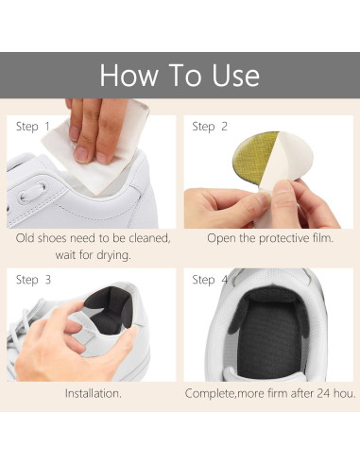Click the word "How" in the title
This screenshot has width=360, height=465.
(129, 75)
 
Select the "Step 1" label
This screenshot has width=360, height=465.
(33, 127)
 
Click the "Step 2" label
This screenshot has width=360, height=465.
(210, 127)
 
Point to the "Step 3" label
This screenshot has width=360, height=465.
(33, 280)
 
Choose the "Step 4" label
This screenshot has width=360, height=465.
(210, 280)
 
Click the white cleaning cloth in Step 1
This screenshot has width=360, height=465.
(94, 151)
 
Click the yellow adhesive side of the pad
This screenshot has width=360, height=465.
(252, 152)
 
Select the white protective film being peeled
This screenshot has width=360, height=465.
(290, 158)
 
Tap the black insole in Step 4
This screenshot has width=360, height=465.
(269, 337)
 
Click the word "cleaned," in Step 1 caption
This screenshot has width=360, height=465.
(149, 238)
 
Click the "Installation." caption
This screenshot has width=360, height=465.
(94, 393)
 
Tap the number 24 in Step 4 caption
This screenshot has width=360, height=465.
(323, 393)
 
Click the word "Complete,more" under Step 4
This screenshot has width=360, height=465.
(225, 393)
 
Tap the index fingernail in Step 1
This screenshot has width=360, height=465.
(81, 154)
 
